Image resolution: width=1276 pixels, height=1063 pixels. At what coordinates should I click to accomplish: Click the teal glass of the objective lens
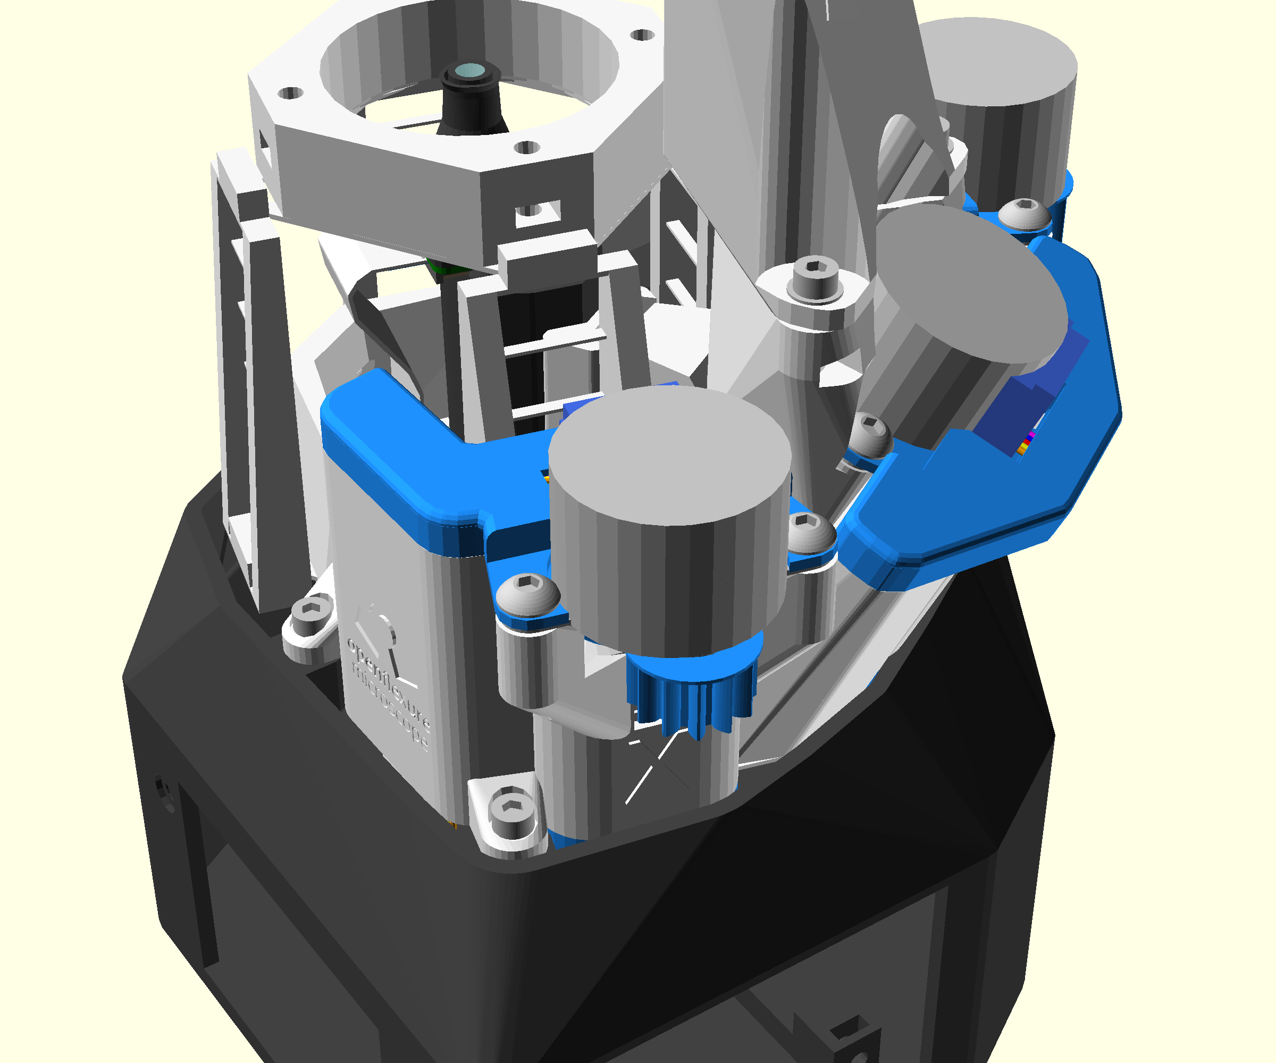(469, 71)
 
